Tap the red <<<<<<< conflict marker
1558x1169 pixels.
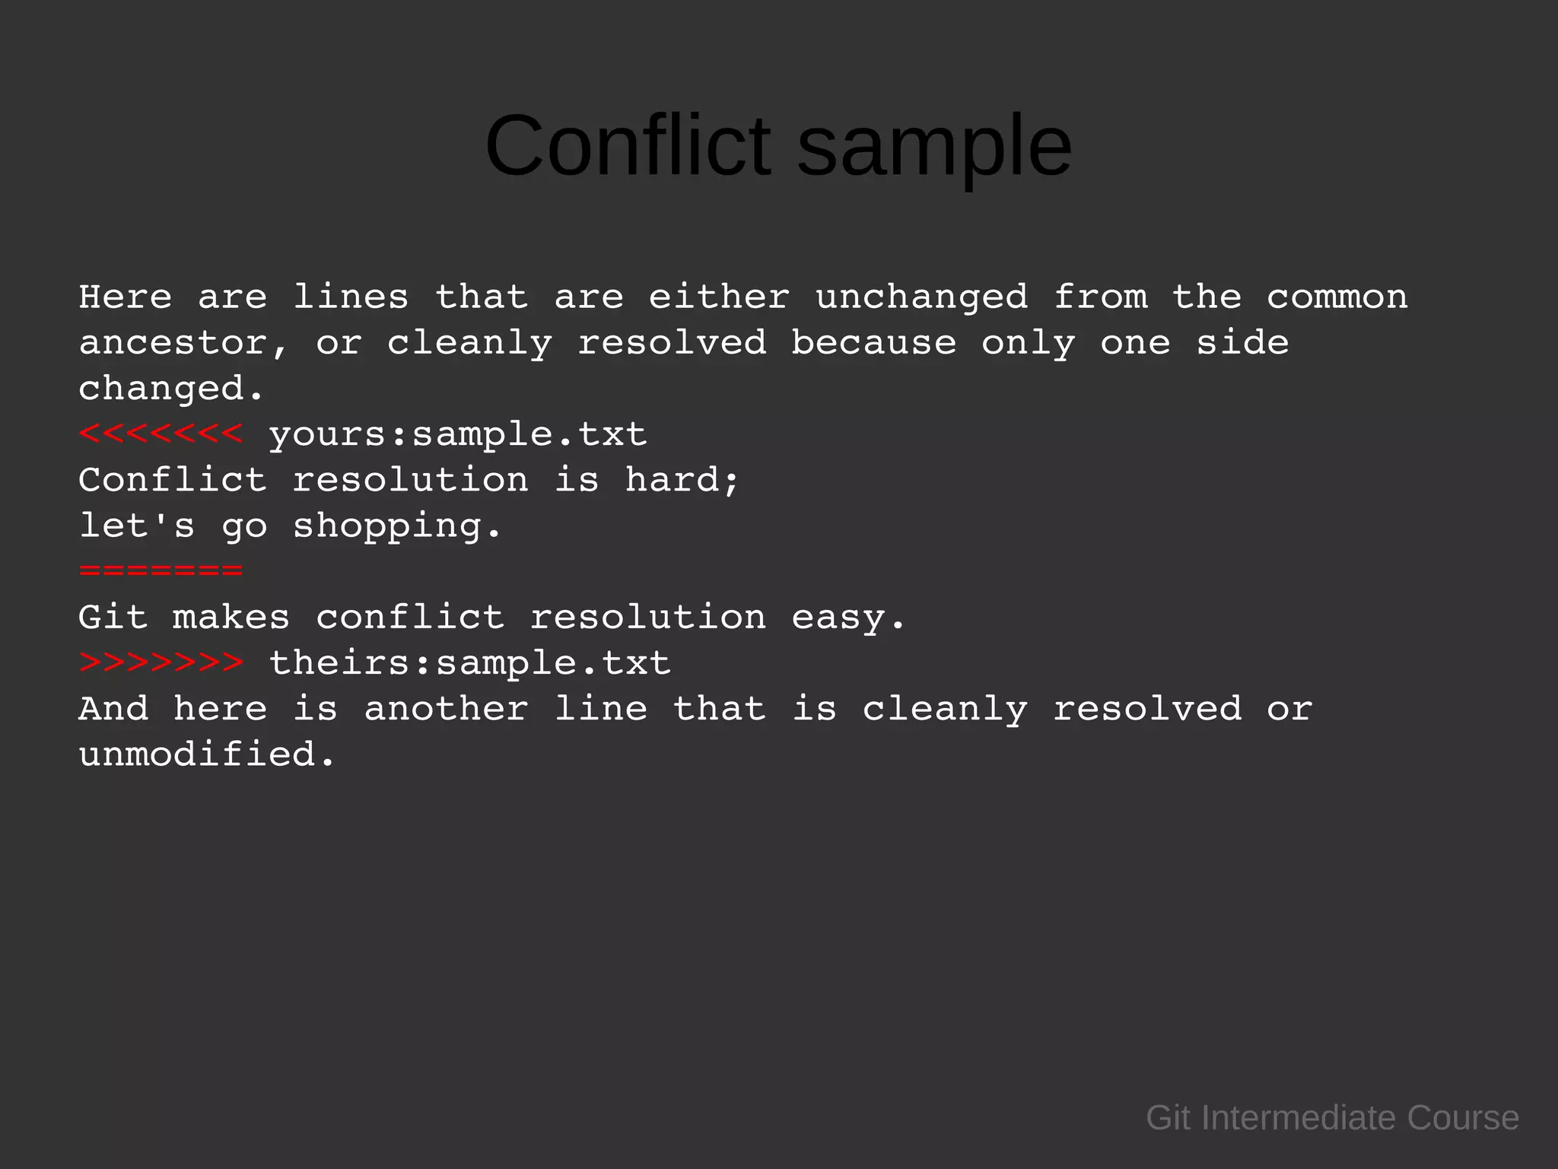(x=161, y=434)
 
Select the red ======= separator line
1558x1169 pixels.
(x=161, y=570)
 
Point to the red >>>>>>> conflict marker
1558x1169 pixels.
(x=161, y=662)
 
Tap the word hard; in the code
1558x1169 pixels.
(x=682, y=480)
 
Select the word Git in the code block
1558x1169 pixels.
(x=113, y=617)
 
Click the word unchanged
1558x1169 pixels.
(x=921, y=297)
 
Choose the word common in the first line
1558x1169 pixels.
(x=1337, y=297)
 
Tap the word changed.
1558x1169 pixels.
(x=171, y=389)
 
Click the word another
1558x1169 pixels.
(x=446, y=709)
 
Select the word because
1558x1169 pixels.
(x=873, y=343)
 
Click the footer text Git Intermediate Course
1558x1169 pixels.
(x=1332, y=1118)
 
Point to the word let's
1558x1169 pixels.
(x=137, y=526)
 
